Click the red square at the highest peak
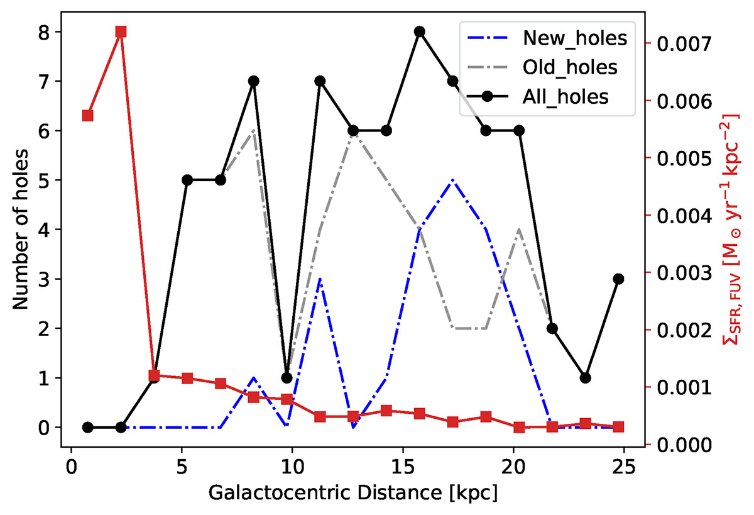click(x=121, y=32)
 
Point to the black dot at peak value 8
click(x=420, y=32)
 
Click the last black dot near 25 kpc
click(x=618, y=279)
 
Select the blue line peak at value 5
click(x=452, y=180)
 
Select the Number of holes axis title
click(x=20, y=230)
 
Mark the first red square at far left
click(x=88, y=116)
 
